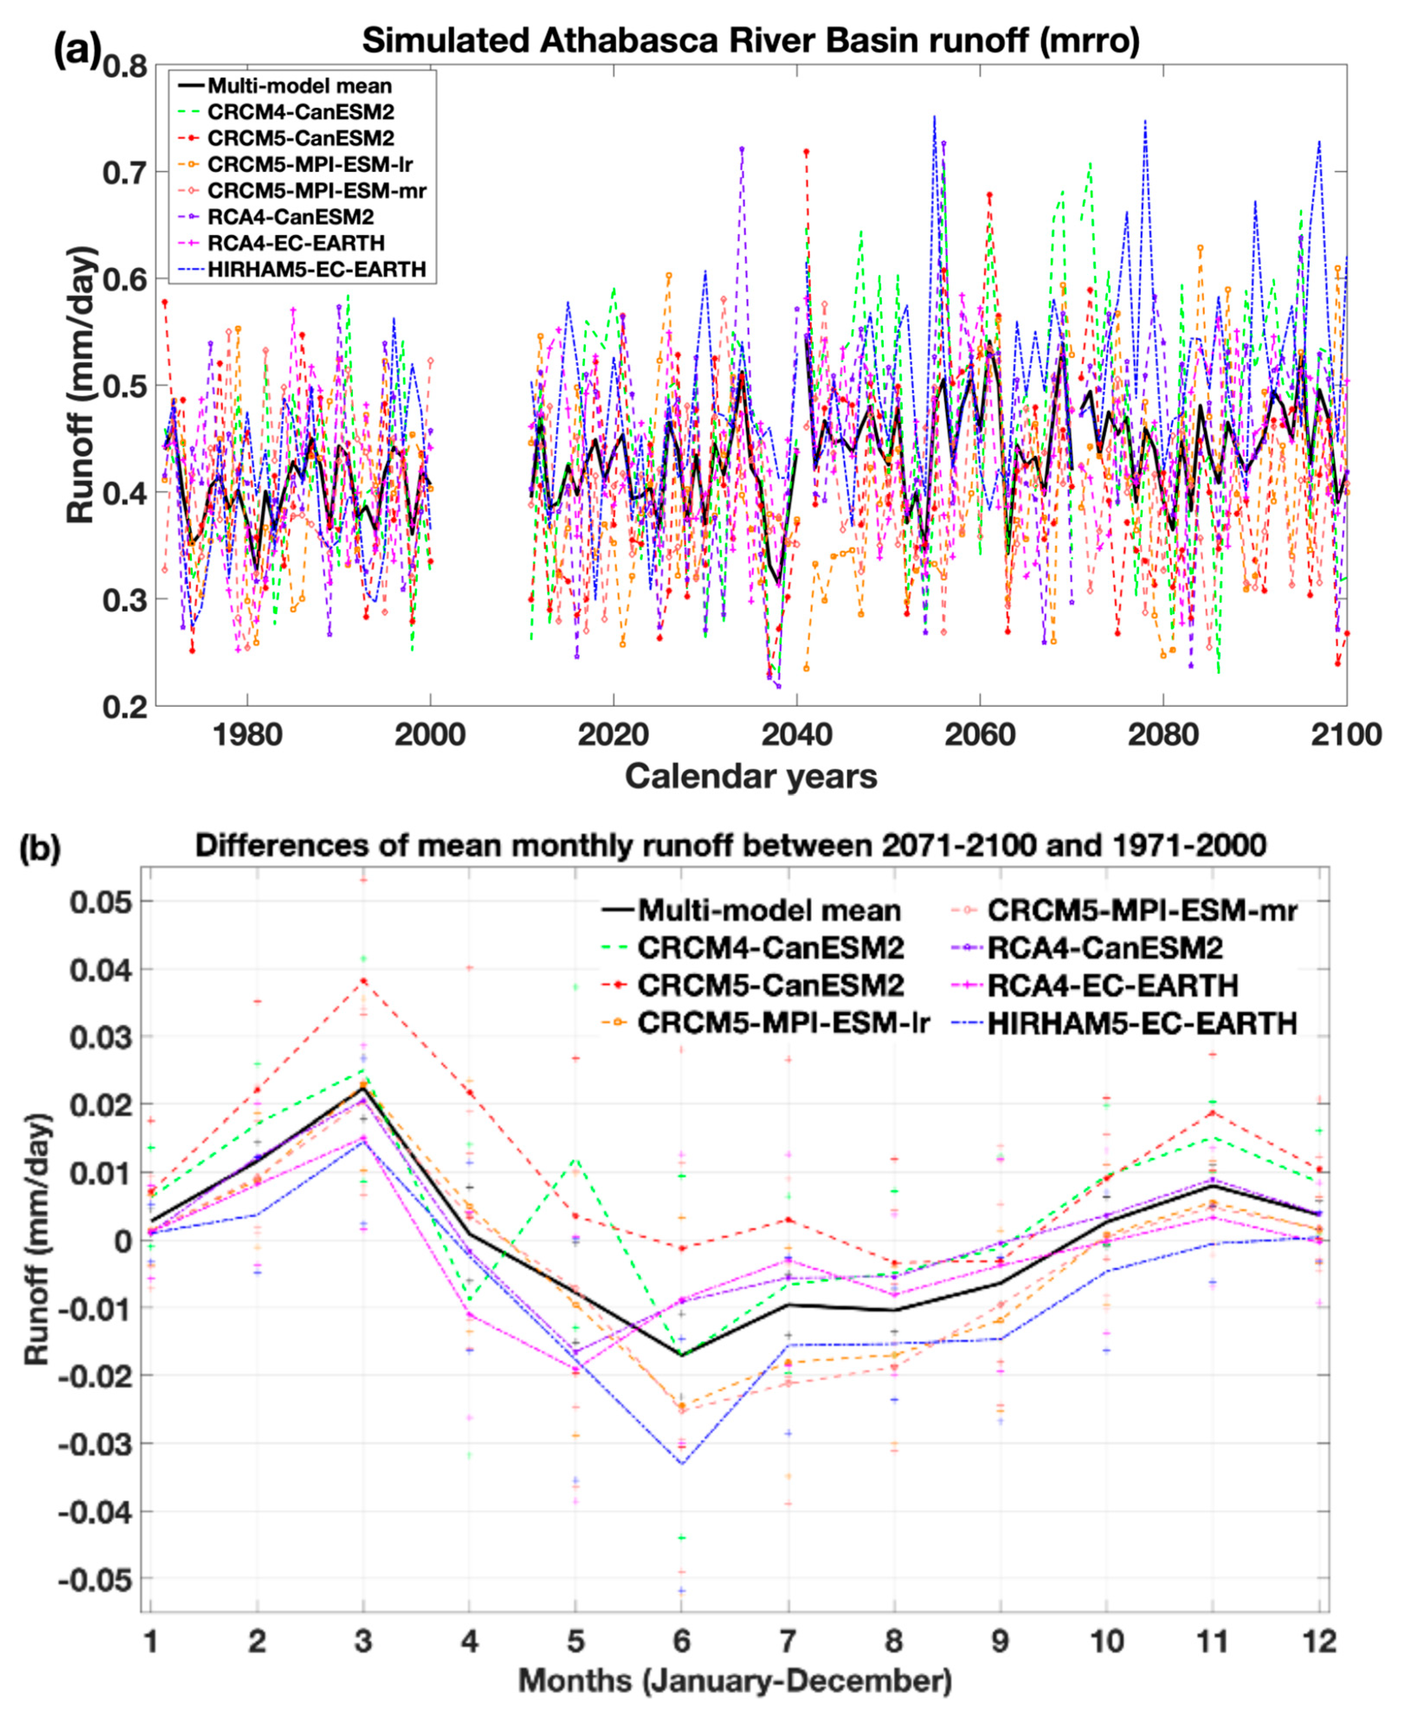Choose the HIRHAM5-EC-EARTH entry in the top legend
[x=316, y=270]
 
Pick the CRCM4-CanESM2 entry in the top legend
[x=300, y=111]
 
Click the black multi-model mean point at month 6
[x=682, y=1355]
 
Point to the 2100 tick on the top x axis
[x=1346, y=735]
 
